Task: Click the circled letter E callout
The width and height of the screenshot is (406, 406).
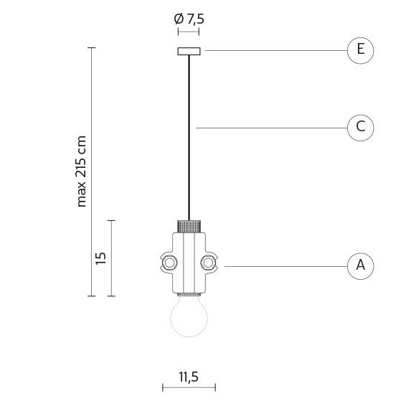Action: pyautogui.click(x=360, y=50)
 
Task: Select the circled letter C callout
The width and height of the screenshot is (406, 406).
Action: pyautogui.click(x=360, y=128)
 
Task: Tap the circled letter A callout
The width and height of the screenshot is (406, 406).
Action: pyautogui.click(x=360, y=266)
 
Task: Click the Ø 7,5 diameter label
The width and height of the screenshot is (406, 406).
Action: pyautogui.click(x=189, y=19)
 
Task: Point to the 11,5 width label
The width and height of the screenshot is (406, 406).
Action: pyautogui.click(x=189, y=377)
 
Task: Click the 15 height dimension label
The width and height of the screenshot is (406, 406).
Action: pyautogui.click(x=100, y=258)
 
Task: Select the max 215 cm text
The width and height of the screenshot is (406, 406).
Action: pyautogui.click(x=81, y=171)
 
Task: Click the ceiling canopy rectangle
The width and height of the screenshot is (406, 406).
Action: pyautogui.click(x=189, y=51)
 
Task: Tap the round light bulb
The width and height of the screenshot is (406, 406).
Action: pyautogui.click(x=189, y=316)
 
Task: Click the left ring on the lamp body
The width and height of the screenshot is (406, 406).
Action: pyautogui.click(x=169, y=263)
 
